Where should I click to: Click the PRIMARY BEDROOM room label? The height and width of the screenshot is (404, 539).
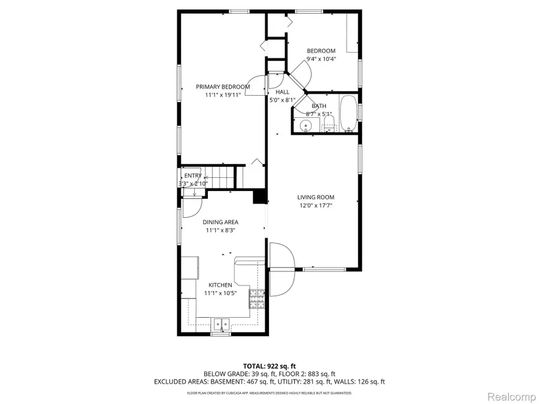(x=223, y=87)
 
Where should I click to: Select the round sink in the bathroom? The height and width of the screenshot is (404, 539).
(x=306, y=126)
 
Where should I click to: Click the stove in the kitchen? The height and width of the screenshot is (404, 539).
(x=257, y=298)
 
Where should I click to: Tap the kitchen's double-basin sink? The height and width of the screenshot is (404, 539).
(x=220, y=325)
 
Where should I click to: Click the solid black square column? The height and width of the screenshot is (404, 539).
(x=260, y=197)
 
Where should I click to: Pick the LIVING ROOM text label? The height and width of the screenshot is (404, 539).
(x=316, y=197)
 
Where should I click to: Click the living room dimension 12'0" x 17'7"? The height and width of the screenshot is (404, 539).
(x=316, y=205)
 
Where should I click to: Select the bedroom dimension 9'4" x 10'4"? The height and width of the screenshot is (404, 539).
(x=321, y=59)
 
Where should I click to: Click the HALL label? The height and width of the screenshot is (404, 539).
(x=282, y=92)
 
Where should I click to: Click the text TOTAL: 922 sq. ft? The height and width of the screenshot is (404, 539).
(x=269, y=366)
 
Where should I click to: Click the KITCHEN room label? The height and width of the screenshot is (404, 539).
(x=220, y=285)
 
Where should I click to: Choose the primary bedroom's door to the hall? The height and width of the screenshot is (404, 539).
(x=258, y=86)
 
